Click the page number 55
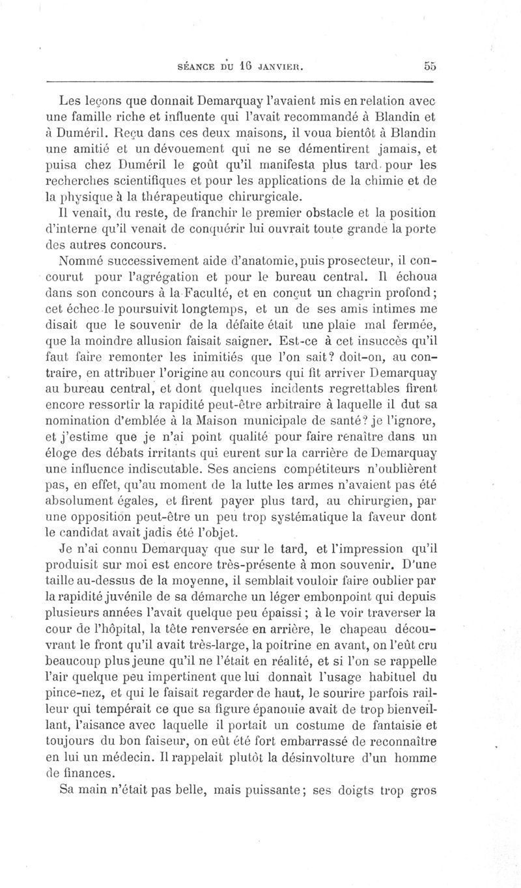[x=429, y=65]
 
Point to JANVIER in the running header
[x=277, y=66]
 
